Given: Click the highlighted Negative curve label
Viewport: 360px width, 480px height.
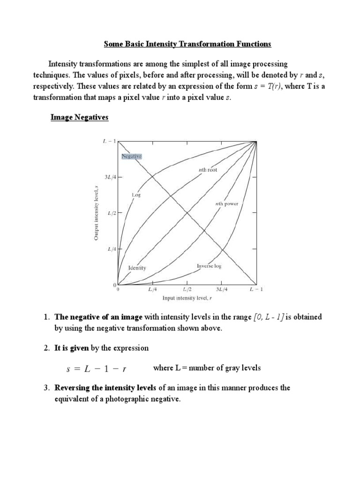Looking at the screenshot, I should tap(131, 156).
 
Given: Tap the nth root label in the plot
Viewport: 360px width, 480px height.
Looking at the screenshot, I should tap(207, 170).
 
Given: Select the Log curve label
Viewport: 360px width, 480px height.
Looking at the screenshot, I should tap(136, 194).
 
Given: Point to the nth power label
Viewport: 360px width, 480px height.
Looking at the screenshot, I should tap(226, 204).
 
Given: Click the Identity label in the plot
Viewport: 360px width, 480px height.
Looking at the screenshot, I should tap(137, 268).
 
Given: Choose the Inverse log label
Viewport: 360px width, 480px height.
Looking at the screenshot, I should tap(209, 266).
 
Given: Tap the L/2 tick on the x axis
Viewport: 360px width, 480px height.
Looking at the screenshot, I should tap(187, 290).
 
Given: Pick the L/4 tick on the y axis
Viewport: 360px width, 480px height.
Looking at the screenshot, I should tap(112, 249).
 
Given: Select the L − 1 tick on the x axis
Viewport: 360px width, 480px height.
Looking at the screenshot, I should tap(256, 290).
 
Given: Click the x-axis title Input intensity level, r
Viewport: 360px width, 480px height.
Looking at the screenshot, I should tap(187, 298).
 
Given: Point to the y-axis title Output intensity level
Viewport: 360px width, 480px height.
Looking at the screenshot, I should tap(96, 213).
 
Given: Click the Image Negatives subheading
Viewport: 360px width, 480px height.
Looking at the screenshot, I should tap(79, 118).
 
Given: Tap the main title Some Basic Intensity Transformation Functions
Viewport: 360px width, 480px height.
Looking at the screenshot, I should tap(187, 45).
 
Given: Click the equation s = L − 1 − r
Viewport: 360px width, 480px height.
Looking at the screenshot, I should tap(97, 368).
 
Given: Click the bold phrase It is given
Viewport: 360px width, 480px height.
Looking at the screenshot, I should tap(72, 348).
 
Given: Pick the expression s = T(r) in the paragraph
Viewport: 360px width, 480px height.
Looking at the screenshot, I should tap(266, 86).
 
